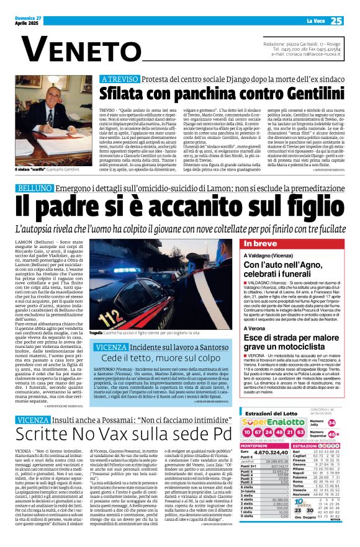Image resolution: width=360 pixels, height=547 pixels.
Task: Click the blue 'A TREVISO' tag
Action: coord(122,79)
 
